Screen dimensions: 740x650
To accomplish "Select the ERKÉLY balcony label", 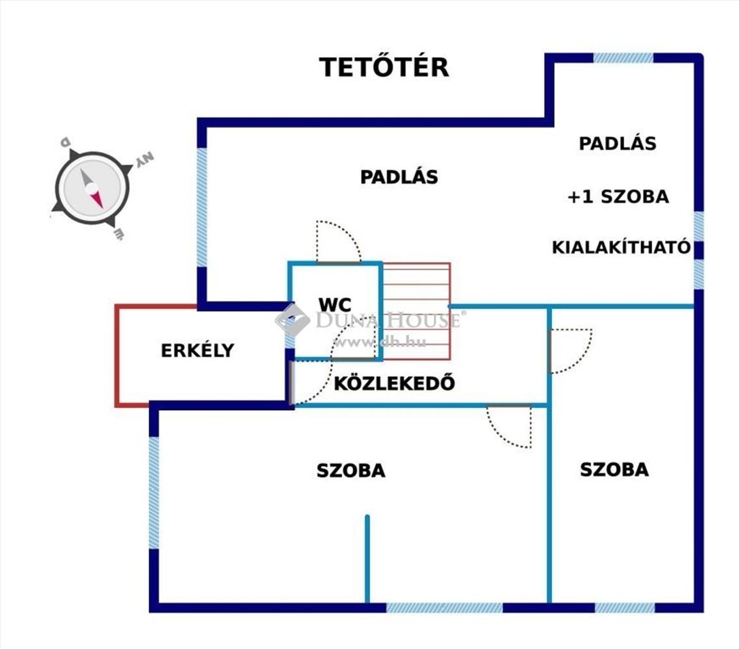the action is (x=197, y=350).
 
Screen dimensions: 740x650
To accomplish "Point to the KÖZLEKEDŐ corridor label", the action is (x=395, y=383).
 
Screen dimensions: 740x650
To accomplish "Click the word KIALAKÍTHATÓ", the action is (x=621, y=247).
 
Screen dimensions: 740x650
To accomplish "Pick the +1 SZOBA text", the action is (x=618, y=196).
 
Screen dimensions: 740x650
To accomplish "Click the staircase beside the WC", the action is (x=416, y=311).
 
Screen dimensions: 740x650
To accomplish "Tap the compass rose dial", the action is (x=92, y=188).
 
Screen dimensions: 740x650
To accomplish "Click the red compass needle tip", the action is (x=101, y=208).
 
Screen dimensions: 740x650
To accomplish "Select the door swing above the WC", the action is (x=339, y=241).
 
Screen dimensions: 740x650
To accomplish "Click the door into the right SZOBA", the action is (x=570, y=351).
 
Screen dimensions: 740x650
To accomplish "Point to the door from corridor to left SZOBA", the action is (x=509, y=426).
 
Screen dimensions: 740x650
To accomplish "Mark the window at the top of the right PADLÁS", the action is (x=623, y=58).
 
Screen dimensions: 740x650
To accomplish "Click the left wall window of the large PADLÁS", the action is (x=202, y=207).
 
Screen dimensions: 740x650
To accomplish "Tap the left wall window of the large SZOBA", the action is (x=154, y=493).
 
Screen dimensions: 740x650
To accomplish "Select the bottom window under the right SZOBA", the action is (x=625, y=608).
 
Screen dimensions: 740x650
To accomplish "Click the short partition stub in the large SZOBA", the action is (x=367, y=558).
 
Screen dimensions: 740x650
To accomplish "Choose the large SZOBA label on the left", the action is (x=350, y=471).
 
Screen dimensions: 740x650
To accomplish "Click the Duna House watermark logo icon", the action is (x=292, y=320).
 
